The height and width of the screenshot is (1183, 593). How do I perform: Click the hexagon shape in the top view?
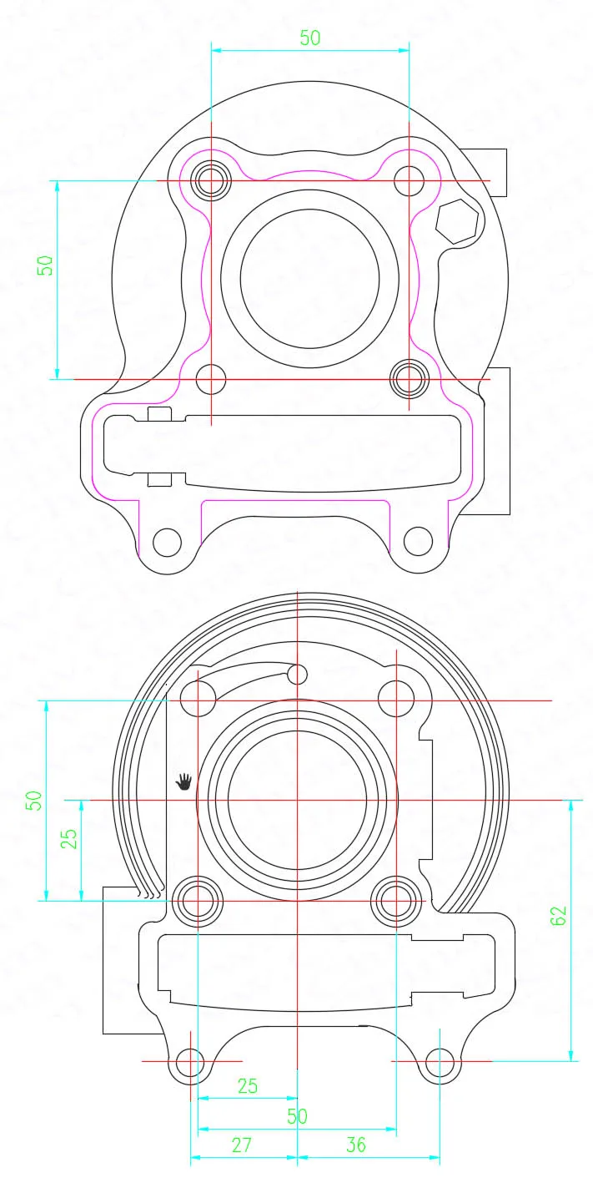point(457,220)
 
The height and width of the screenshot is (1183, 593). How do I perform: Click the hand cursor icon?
point(183,781)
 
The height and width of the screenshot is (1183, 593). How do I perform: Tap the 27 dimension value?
point(242,1145)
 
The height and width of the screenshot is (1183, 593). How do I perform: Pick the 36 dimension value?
point(355,1145)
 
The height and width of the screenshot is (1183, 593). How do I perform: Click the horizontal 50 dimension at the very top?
point(310,38)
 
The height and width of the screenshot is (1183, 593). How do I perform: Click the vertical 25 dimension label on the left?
point(68,839)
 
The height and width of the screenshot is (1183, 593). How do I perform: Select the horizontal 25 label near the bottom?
point(248,1086)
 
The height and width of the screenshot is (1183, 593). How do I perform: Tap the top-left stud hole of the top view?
point(211,180)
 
